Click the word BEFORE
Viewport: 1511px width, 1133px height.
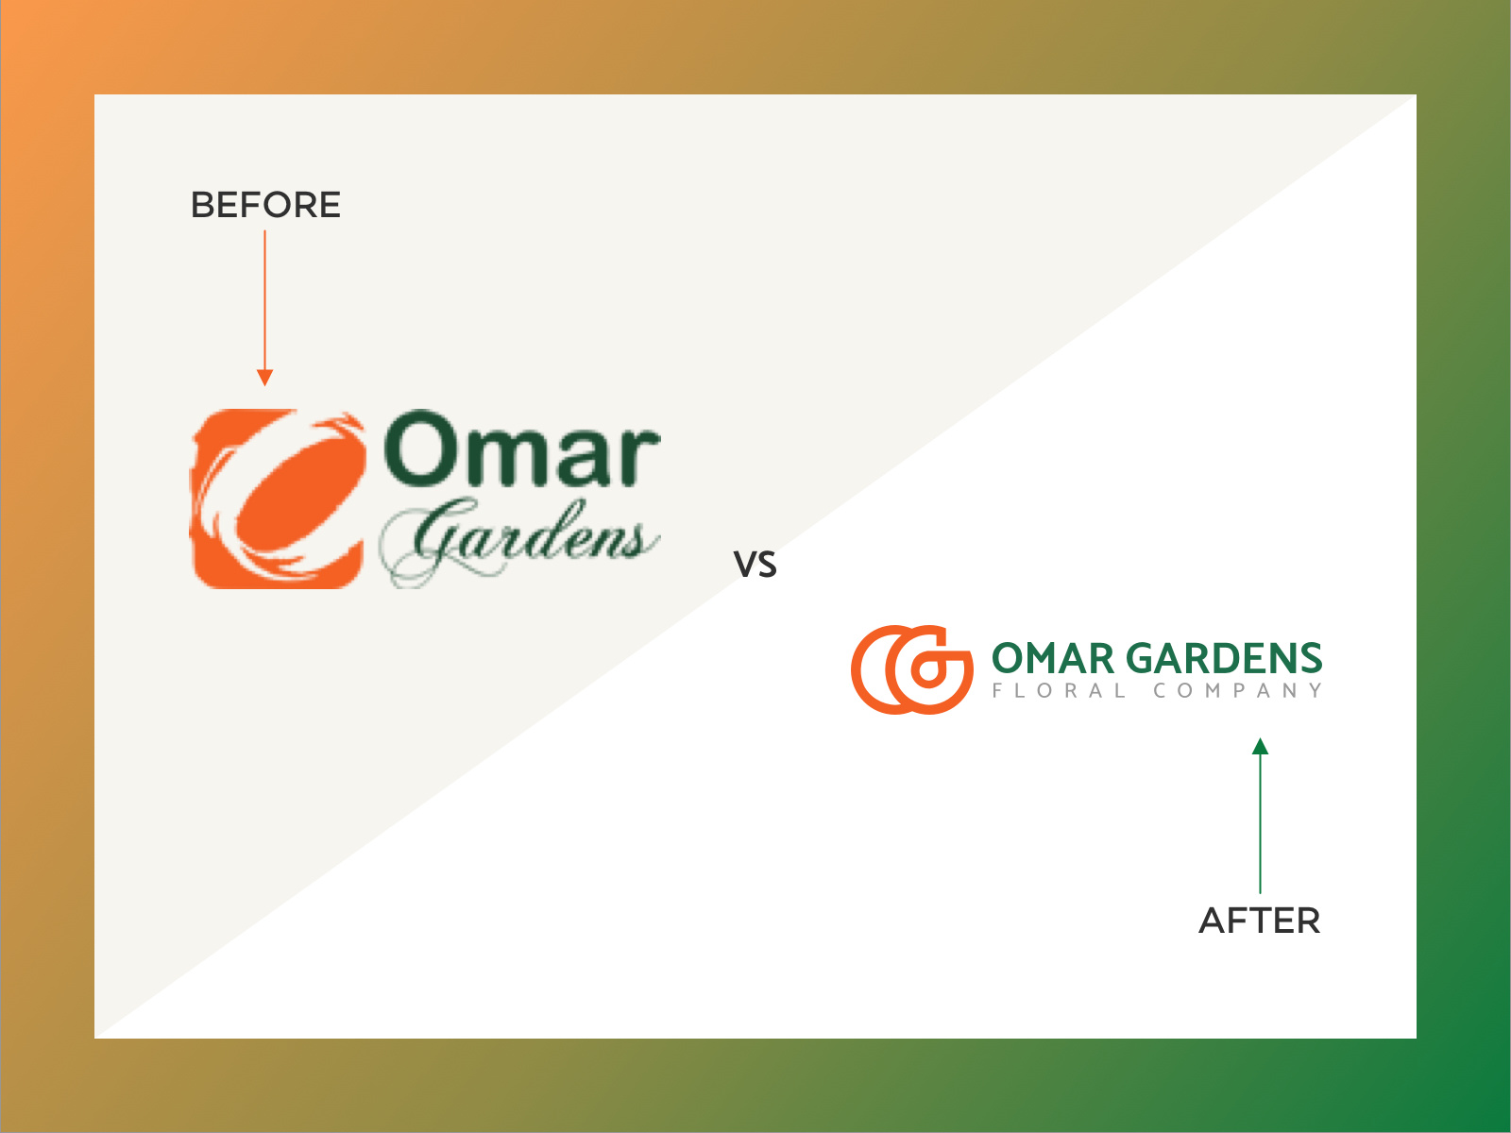tap(265, 205)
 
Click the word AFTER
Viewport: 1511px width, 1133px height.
tap(1260, 921)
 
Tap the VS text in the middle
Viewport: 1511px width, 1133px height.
tap(755, 564)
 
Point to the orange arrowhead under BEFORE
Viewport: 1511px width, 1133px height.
tap(265, 378)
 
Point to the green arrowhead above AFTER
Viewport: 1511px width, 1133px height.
tap(1261, 747)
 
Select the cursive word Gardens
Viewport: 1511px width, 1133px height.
tap(519, 540)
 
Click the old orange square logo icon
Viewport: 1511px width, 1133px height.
tap(278, 499)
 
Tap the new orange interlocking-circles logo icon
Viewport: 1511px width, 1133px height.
tap(912, 669)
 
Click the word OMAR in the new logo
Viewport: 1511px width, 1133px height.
tap(1053, 658)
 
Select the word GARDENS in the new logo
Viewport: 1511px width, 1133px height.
tap(1225, 658)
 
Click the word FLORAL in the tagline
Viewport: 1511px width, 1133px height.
tap(1059, 691)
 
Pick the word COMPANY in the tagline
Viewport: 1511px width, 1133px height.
tap(1238, 691)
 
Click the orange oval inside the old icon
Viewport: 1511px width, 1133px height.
tap(301, 494)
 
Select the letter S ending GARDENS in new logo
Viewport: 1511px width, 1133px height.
tap(1312, 658)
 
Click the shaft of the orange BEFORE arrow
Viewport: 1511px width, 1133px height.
tap(265, 300)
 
